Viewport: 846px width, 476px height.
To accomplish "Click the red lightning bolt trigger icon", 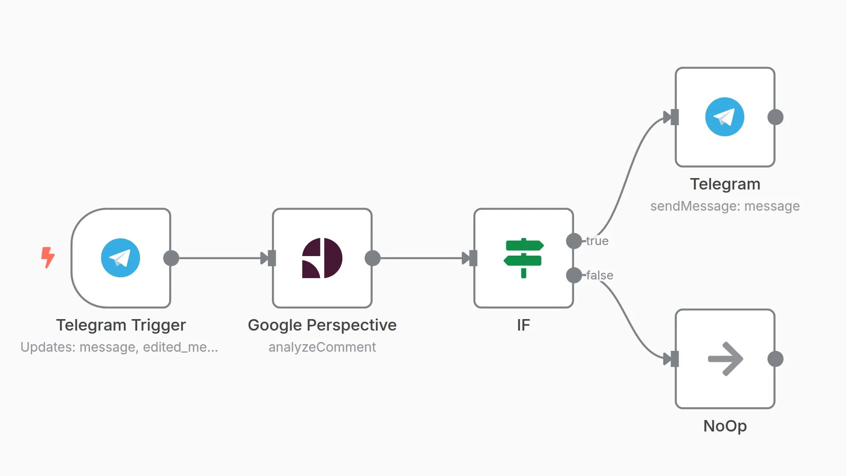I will coord(48,257).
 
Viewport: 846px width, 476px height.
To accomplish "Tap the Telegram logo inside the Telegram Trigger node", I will coord(120,258).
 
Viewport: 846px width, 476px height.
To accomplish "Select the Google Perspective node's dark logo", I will coord(322,258).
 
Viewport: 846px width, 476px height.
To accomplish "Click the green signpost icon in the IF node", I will coord(523,258).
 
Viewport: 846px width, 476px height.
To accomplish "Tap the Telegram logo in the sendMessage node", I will coord(725,117).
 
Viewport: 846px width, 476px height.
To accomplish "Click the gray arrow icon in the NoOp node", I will coord(725,359).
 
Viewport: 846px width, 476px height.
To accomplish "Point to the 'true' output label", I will coord(597,241).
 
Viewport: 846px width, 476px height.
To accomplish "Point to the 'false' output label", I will coord(600,275).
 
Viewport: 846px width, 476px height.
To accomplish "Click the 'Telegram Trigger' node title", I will coord(121,325).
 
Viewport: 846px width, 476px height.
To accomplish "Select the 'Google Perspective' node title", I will coord(322,325).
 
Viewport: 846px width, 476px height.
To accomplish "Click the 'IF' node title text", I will coord(523,325).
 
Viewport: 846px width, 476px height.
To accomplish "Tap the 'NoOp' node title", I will coord(725,426).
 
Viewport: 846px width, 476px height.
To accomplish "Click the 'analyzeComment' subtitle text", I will coord(322,347).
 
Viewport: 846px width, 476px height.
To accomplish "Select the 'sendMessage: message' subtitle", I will coord(725,206).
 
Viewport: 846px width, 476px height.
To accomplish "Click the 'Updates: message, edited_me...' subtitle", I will coord(119,347).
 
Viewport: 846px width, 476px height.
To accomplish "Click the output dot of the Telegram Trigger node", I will coord(171,258).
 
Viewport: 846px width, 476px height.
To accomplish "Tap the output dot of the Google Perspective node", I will coord(373,258).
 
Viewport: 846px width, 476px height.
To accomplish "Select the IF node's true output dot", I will coord(574,241).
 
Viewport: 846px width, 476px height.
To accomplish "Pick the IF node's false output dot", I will coord(574,275).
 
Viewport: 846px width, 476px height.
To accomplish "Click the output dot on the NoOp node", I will coord(775,359).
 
